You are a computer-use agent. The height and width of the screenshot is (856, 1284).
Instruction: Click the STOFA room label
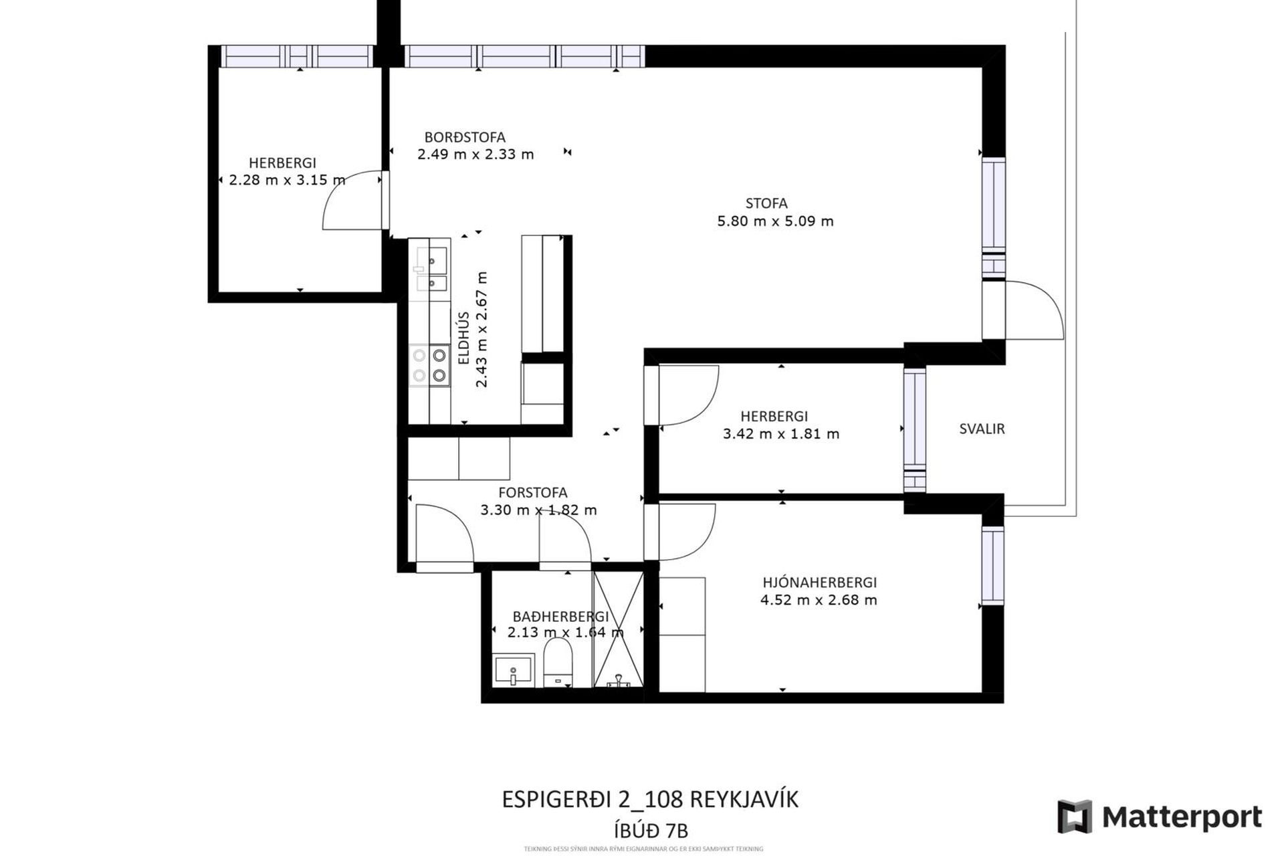click(x=766, y=203)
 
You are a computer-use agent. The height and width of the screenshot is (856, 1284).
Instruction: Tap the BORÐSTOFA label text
click(x=465, y=138)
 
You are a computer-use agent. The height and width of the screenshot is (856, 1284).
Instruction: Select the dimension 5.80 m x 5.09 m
click(x=775, y=221)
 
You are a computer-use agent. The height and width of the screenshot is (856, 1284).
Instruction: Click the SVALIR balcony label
click(x=982, y=429)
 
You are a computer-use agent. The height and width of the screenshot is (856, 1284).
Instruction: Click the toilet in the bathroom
click(x=558, y=662)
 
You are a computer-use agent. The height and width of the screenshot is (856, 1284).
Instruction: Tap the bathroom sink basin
click(x=514, y=669)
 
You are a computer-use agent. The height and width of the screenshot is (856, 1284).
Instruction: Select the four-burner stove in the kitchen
click(x=429, y=365)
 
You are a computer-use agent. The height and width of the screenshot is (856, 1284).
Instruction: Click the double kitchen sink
click(x=431, y=269)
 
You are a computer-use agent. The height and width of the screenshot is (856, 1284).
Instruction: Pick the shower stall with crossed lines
click(x=619, y=629)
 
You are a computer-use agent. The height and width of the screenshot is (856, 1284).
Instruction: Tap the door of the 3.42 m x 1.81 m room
click(x=689, y=396)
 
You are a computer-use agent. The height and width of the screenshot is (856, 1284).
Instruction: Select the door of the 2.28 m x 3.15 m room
click(x=351, y=201)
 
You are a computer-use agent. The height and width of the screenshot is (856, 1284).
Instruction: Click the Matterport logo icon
click(x=1075, y=817)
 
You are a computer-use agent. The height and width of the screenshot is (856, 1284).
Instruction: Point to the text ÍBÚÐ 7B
click(x=651, y=831)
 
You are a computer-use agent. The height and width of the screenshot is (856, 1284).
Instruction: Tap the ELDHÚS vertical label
click(x=463, y=338)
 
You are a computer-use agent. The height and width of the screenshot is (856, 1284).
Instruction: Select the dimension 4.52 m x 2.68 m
click(x=819, y=601)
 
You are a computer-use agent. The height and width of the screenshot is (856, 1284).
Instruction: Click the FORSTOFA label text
click(x=532, y=493)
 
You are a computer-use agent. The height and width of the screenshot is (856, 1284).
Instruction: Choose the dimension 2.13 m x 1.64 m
click(x=565, y=633)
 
